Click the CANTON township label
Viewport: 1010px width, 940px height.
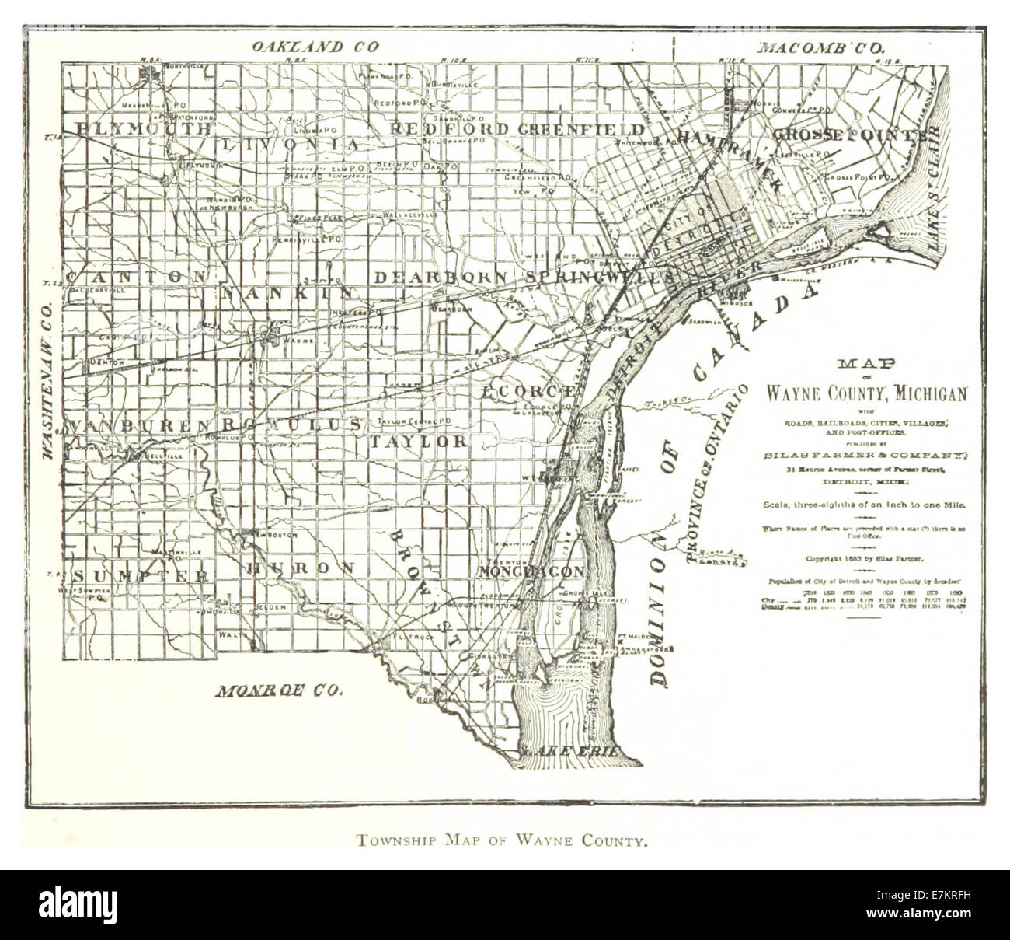coord(136,277)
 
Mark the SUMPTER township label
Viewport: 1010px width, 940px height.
coord(141,576)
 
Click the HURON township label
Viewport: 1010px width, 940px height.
coord(300,568)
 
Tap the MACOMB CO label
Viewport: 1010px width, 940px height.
coord(822,47)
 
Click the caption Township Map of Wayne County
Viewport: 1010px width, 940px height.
coord(502,840)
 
